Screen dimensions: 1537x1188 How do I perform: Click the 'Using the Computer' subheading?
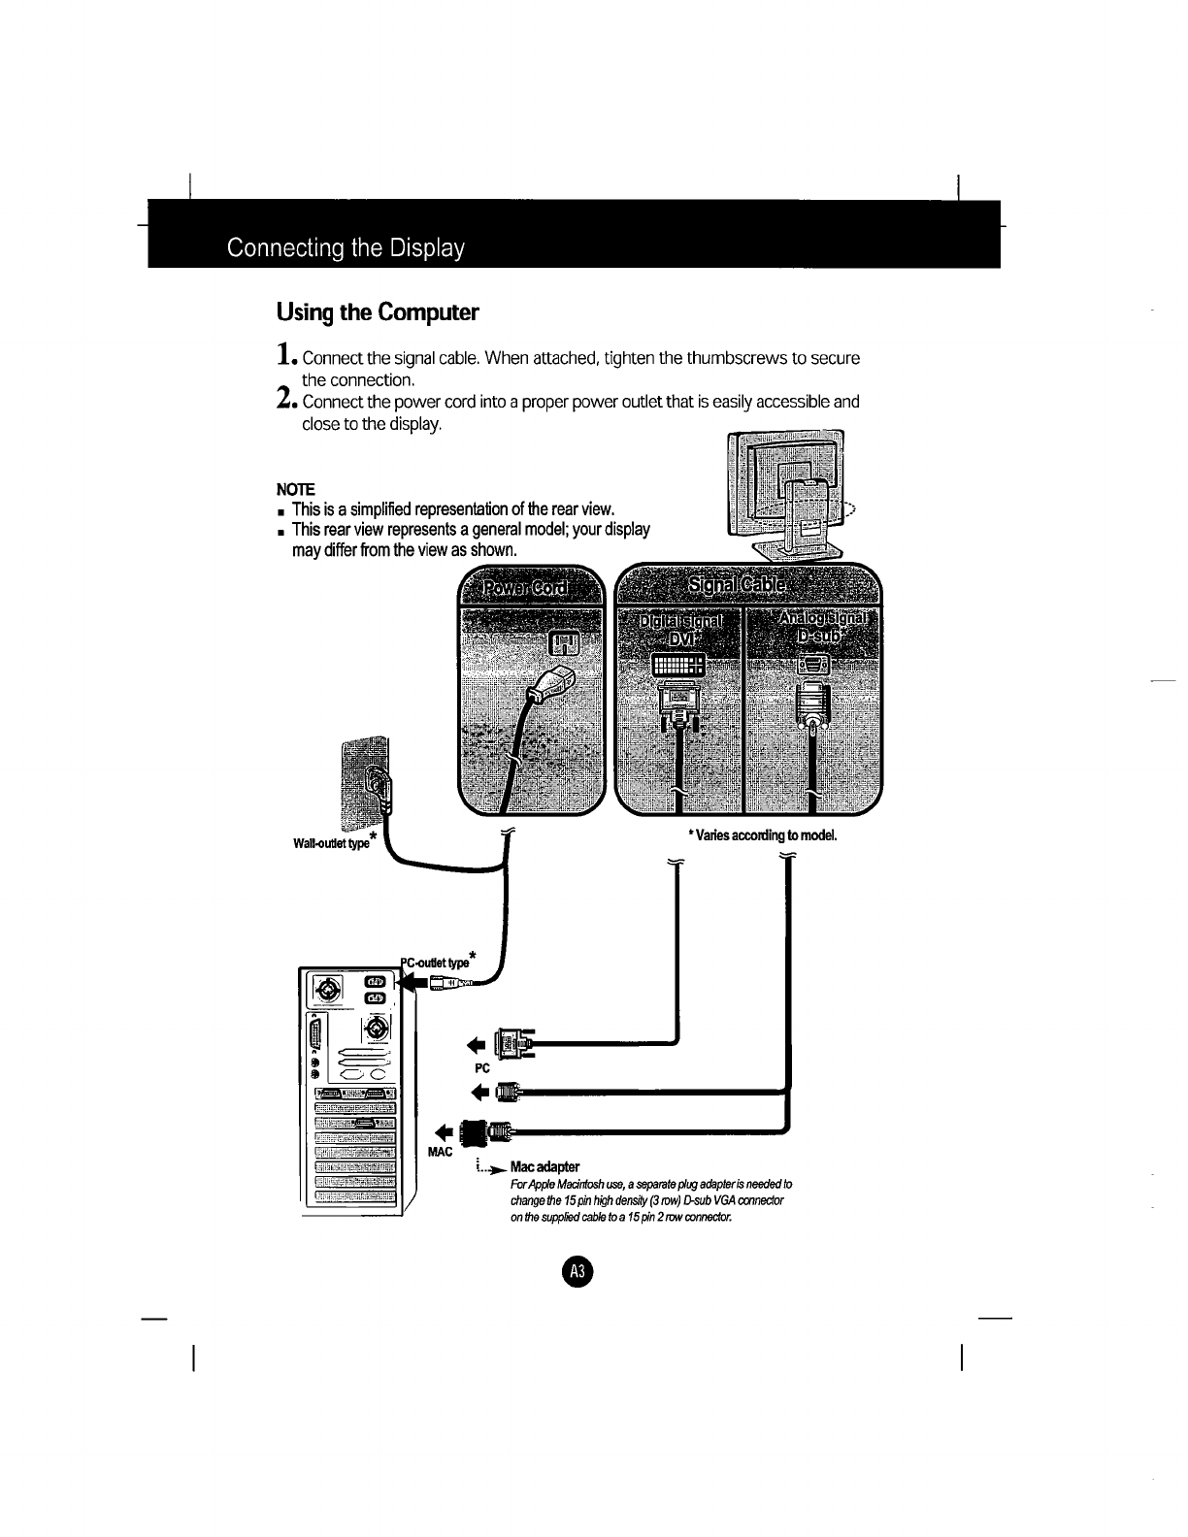point(378,312)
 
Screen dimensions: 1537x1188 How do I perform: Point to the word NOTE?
point(296,488)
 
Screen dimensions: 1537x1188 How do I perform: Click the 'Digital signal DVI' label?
point(679,629)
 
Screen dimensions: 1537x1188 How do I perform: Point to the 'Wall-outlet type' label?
point(330,839)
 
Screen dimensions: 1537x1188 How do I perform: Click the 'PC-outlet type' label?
point(439,962)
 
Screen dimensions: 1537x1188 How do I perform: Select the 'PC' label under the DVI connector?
point(481,1066)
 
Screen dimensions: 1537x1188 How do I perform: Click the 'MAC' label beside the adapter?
point(441,1151)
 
